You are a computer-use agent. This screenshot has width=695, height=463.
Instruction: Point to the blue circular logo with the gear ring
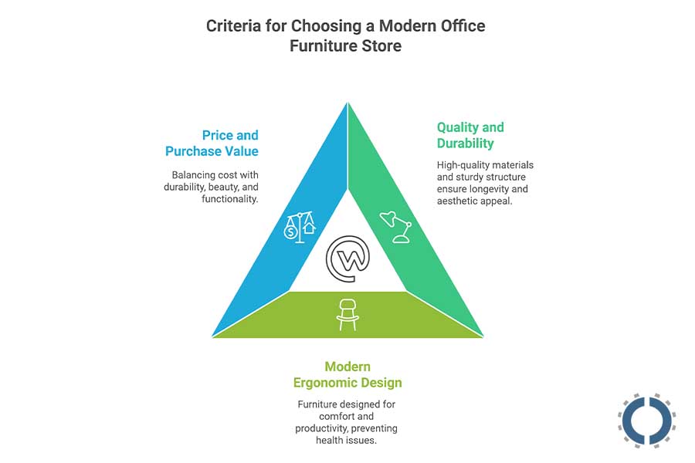(x=647, y=421)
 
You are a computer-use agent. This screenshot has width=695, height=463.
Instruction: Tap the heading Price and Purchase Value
(x=212, y=144)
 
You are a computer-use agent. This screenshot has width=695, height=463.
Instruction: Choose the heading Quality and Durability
(x=470, y=135)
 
